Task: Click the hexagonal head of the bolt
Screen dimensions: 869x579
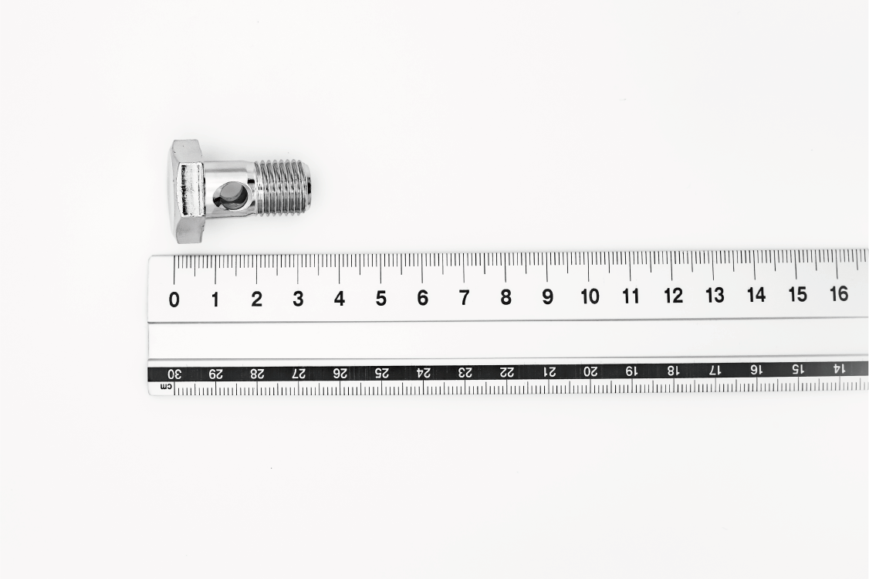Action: tap(188, 192)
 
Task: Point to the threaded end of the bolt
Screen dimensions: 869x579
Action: tap(285, 187)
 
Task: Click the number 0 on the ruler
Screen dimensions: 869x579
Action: tap(174, 300)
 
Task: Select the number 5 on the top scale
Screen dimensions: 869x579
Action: tap(380, 299)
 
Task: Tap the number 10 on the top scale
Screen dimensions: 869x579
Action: tap(590, 296)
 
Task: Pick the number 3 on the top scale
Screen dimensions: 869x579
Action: tap(298, 300)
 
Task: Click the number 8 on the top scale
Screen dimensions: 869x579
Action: tap(506, 298)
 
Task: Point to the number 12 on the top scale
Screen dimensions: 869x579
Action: tap(674, 296)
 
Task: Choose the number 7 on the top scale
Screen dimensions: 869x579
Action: tap(465, 298)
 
